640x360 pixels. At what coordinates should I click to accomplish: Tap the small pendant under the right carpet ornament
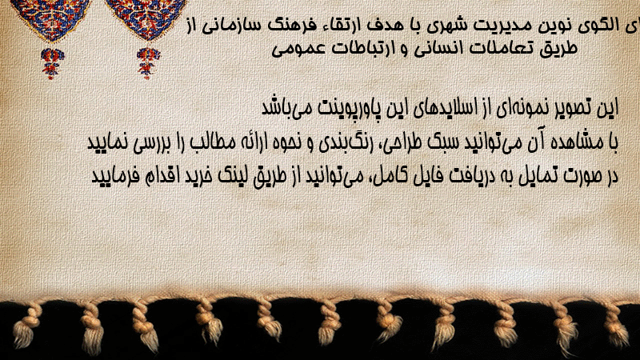point(148,63)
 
